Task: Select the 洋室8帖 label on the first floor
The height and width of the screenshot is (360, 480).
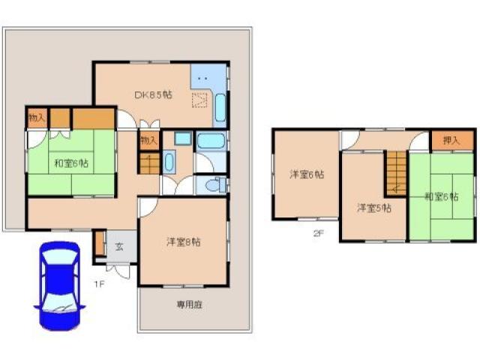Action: pyautogui.click(x=182, y=241)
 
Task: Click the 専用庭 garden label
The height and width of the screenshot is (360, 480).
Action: pyautogui.click(x=190, y=304)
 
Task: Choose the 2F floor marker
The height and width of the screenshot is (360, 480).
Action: pyautogui.click(x=318, y=233)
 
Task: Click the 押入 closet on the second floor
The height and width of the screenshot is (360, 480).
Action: pyautogui.click(x=451, y=140)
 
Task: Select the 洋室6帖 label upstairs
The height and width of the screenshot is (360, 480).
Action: pyautogui.click(x=307, y=175)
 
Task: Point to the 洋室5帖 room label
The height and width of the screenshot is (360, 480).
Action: pyautogui.click(x=373, y=208)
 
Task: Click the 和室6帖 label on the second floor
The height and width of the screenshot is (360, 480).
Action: pyautogui.click(x=440, y=197)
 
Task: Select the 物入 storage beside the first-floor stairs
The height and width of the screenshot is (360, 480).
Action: pyautogui.click(x=148, y=139)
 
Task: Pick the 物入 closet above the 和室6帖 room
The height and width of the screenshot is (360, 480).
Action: pyautogui.click(x=37, y=118)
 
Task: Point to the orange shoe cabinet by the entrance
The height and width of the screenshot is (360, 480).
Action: pyautogui.click(x=99, y=244)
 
